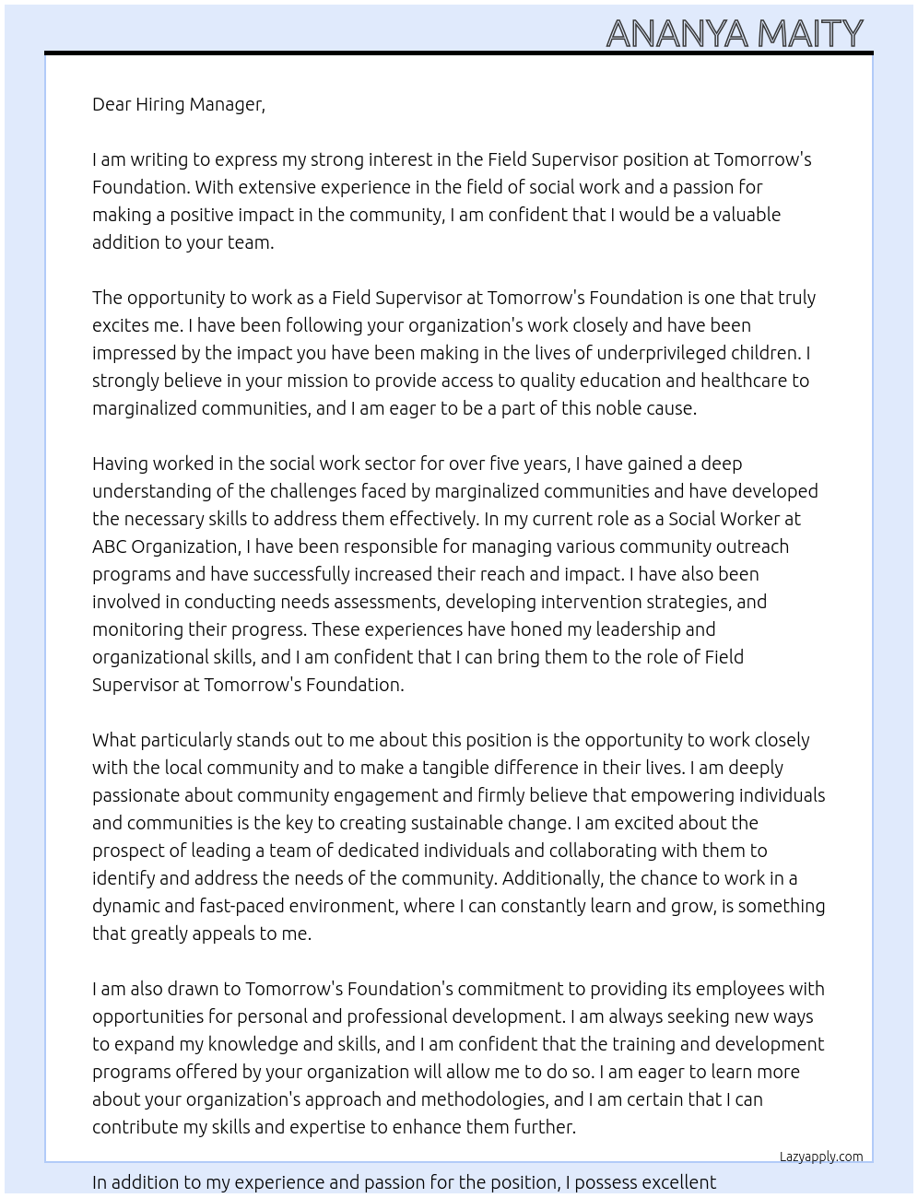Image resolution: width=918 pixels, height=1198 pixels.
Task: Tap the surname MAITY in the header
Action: pos(810,34)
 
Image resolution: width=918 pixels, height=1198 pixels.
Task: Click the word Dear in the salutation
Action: pos(112,104)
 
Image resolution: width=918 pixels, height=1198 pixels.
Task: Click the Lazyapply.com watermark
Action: pos(820,1157)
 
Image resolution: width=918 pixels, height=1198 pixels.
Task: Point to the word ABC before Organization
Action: pos(110,546)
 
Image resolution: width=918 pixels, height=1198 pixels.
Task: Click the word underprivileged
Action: pos(670,353)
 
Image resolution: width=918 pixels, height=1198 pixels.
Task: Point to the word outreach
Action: pos(753,546)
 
